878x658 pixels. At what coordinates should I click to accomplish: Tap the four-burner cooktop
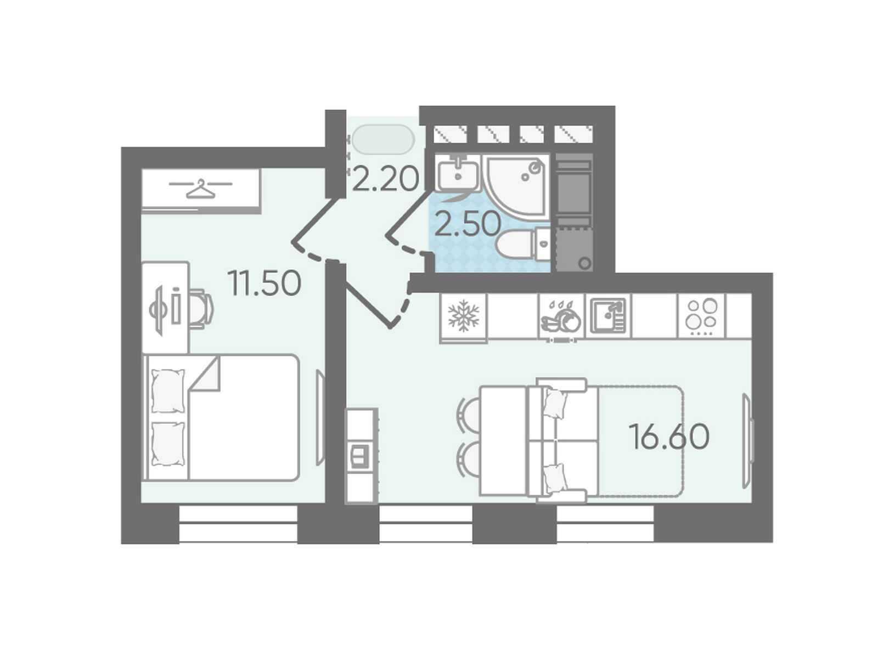701,316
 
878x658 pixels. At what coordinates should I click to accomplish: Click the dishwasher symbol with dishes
561,317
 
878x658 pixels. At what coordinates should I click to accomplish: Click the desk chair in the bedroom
201,308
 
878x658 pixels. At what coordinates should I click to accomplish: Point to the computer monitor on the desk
157,308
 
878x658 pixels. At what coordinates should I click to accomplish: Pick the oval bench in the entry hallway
384,139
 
